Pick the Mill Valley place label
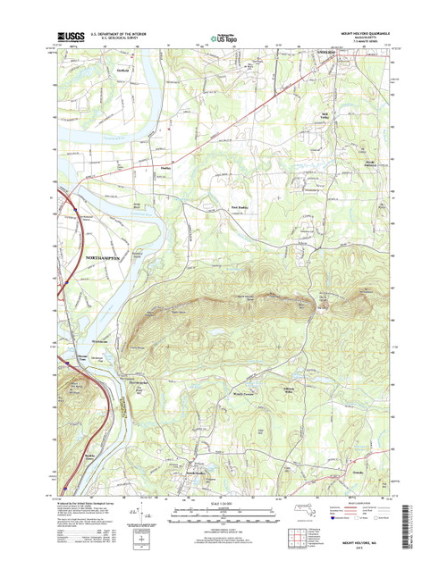[327, 116]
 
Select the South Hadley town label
[198, 464]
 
